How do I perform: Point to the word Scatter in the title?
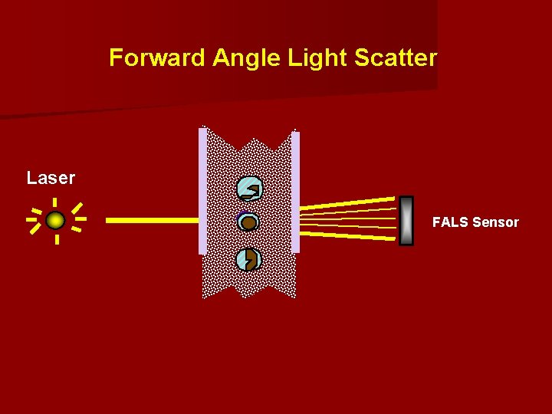[x=396, y=58]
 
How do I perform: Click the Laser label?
[x=51, y=178]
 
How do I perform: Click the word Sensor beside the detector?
[x=495, y=222]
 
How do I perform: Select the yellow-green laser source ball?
[x=55, y=221]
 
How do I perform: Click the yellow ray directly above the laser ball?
[x=55, y=202]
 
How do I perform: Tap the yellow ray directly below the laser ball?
[x=56, y=239]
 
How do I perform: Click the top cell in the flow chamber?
[x=249, y=189]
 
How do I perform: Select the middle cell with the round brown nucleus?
[x=248, y=222]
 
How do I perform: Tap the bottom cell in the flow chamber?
[x=248, y=260]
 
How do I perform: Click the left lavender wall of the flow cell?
[x=202, y=192]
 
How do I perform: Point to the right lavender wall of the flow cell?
[x=295, y=192]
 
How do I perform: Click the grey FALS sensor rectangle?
[x=406, y=221]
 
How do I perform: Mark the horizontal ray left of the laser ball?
[x=32, y=220]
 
